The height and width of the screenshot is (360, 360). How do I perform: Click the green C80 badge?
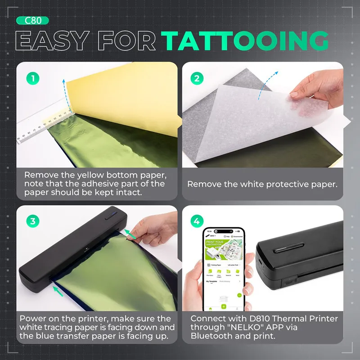32,20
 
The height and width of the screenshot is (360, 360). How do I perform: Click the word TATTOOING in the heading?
245,41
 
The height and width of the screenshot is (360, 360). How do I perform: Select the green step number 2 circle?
196,78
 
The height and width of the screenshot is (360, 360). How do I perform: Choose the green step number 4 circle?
196,221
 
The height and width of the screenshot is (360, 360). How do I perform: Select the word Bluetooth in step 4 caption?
210,336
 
